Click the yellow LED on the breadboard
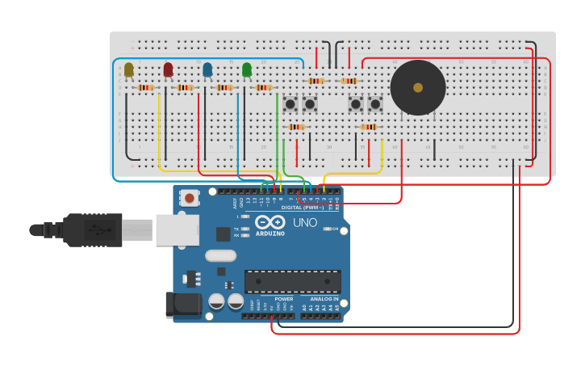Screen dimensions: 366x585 (129, 70)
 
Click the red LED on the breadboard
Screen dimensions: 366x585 (168, 70)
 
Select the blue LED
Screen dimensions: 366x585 (207, 70)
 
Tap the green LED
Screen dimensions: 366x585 (247, 70)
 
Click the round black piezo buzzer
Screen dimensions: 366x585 (418, 87)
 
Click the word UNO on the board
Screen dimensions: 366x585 (304, 222)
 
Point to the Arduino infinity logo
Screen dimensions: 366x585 (270, 221)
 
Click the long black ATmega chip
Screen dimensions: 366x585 (292, 281)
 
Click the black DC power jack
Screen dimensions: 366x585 (182, 304)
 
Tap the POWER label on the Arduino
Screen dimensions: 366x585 (284, 299)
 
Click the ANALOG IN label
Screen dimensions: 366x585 (324, 299)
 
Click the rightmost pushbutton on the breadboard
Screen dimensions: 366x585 (375, 103)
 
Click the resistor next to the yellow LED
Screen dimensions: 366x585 (146, 87)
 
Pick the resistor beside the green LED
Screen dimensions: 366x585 (264, 87)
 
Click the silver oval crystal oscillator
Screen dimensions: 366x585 (220, 255)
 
